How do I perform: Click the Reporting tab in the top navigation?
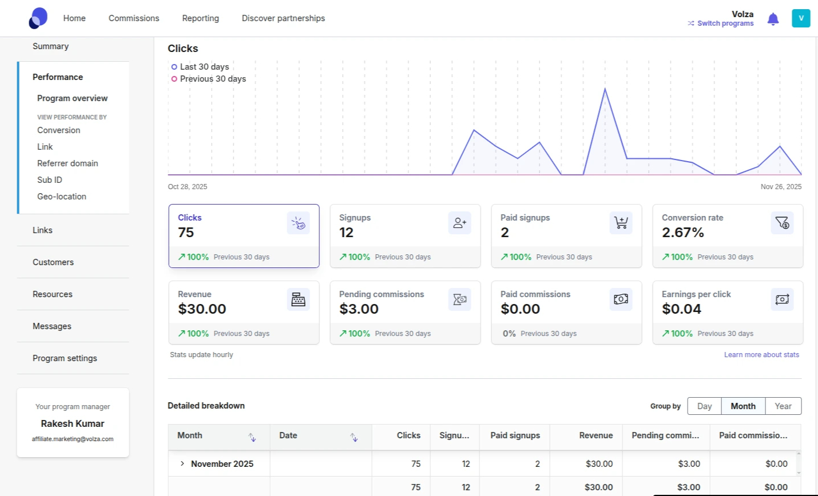coord(200,18)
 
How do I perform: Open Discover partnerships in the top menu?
coord(283,18)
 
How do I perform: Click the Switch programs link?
coord(725,23)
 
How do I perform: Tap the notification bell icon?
coord(773,19)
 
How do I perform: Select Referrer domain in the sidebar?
coord(67,163)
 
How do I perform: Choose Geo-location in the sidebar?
coord(62,197)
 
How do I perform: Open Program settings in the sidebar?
coord(65,358)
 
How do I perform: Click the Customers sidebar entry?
coord(53,262)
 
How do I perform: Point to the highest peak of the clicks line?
coord(605,89)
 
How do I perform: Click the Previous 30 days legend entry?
coord(213,79)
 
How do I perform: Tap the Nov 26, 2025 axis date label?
coord(781,187)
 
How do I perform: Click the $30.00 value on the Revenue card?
coord(202,309)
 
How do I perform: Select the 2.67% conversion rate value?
coord(682,233)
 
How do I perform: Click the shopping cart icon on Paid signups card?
coord(621,222)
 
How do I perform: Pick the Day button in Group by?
coord(704,406)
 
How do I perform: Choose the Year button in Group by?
coord(783,406)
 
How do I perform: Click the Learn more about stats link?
coord(761,355)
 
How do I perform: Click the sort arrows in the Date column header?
coord(354,437)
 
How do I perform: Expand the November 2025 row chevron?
coord(182,463)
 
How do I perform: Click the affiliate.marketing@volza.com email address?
coord(73,439)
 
